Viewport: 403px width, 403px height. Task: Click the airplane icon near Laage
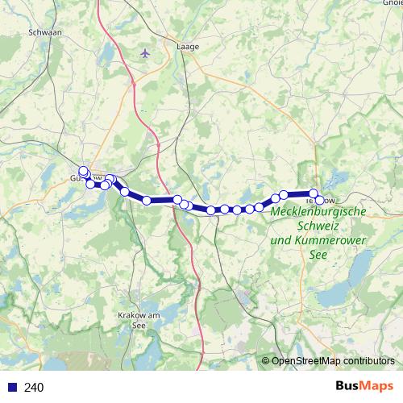point(145,53)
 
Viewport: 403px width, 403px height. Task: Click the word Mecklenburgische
point(319,212)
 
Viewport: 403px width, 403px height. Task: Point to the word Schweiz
point(319,226)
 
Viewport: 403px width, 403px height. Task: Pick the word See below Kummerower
point(319,254)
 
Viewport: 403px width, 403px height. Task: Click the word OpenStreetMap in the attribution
point(308,361)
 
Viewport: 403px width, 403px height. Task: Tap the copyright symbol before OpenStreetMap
point(265,361)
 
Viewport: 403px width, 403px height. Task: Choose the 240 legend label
point(34,388)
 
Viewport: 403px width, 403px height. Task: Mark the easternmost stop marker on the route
point(320,200)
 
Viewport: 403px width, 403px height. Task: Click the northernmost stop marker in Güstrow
point(83,171)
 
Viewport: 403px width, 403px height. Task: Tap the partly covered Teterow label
point(330,200)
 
